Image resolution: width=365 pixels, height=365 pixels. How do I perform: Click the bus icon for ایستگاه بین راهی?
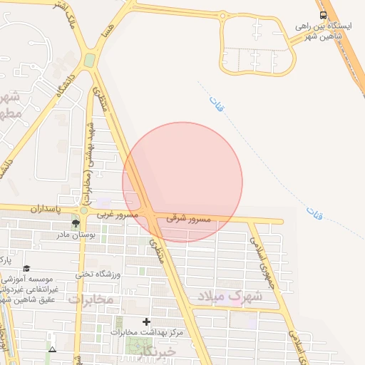tap(323, 15)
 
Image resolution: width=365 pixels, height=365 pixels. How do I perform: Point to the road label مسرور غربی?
tap(118, 215)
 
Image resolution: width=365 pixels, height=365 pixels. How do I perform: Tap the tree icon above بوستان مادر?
tap(76, 224)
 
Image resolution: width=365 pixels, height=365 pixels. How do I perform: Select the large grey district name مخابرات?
tap(91, 300)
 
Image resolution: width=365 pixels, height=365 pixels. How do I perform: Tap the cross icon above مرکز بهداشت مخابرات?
tap(148, 322)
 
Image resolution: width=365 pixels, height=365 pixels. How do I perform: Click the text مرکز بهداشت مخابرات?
tap(148, 333)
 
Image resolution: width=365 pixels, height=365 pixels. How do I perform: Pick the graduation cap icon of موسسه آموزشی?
tap(26, 269)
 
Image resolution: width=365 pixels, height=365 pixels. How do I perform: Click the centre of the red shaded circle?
tap(182, 182)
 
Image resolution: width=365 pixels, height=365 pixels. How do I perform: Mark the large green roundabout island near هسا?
tap(90, 61)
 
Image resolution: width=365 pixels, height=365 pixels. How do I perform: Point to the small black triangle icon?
tap(51, 349)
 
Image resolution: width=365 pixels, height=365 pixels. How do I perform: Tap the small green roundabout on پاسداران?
tap(84, 210)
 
